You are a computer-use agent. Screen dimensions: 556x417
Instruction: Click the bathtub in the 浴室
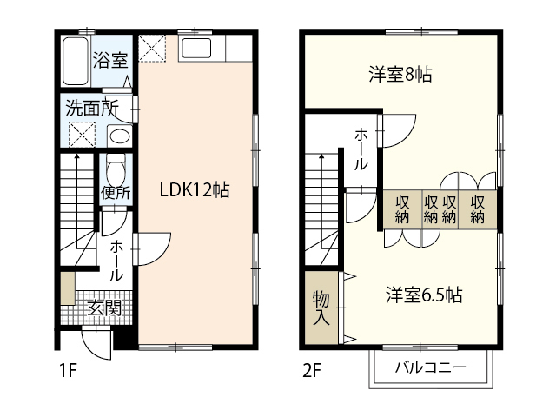(x=76, y=61)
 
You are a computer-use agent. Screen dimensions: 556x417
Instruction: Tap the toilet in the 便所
(x=116, y=171)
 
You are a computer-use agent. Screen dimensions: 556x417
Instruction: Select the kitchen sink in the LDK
(x=196, y=48)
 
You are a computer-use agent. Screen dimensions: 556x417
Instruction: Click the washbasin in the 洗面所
(x=119, y=136)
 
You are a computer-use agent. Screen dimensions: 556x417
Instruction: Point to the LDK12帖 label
(x=195, y=189)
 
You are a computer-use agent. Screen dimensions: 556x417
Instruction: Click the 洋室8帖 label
(x=400, y=75)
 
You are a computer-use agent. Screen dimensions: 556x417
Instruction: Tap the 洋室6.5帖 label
(x=424, y=295)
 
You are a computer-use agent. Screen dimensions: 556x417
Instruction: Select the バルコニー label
(x=431, y=367)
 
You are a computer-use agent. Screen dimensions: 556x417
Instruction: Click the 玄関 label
(x=104, y=308)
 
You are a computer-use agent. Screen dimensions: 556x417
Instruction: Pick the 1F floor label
(x=68, y=371)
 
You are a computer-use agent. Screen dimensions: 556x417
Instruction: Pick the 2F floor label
(x=312, y=371)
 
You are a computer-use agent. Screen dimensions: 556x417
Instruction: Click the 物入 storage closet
(x=321, y=308)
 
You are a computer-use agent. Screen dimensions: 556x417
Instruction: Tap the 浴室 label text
(x=110, y=60)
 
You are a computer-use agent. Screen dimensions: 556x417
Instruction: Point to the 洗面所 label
(x=92, y=108)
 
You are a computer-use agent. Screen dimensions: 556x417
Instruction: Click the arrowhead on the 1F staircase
(x=76, y=156)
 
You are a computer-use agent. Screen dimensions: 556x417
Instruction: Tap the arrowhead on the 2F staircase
(x=321, y=156)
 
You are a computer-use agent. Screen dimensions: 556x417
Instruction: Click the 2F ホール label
(x=361, y=149)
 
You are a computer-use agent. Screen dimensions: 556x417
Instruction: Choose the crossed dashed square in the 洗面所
(x=82, y=135)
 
